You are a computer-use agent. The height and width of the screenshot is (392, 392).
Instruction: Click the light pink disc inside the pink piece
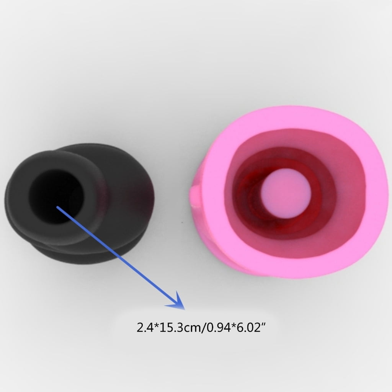286,193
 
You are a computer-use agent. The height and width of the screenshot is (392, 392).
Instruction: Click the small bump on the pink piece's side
195,196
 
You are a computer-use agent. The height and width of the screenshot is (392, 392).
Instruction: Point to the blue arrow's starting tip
57,207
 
